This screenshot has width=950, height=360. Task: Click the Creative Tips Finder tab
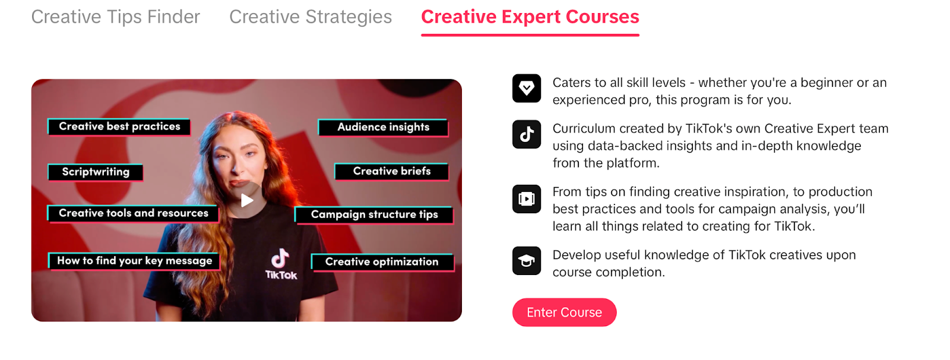click(115, 17)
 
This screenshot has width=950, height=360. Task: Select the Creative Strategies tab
click(311, 17)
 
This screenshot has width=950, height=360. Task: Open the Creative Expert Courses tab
click(530, 17)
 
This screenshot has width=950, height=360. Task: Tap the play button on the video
click(246, 200)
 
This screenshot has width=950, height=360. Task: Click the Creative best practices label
click(119, 127)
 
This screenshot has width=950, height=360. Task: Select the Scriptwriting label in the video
click(96, 172)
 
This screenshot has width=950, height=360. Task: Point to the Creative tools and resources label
click(133, 213)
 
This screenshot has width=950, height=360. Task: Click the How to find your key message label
click(134, 261)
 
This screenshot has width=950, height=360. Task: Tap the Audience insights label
click(384, 127)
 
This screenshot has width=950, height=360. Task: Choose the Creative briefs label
click(391, 172)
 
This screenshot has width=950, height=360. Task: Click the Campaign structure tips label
click(374, 215)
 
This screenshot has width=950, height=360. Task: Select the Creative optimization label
click(382, 262)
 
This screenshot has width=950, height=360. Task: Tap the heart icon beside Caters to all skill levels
click(526, 89)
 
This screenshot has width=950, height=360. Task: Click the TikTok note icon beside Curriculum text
click(526, 134)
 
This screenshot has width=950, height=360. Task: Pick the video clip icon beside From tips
click(526, 198)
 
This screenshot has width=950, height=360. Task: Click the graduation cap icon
click(526, 261)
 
